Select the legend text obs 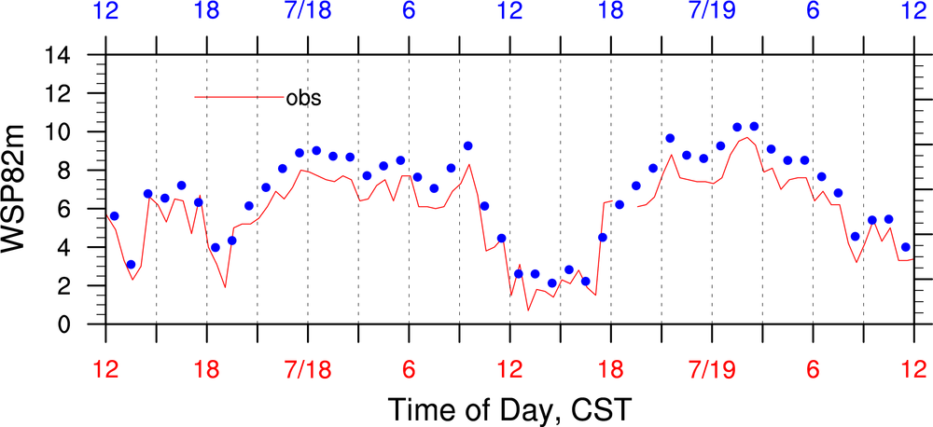(x=304, y=97)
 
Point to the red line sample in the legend (x=239, y=97)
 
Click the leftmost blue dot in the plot (x=114, y=216)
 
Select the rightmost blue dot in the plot (x=906, y=247)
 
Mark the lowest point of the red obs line (x=528, y=310)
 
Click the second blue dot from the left (x=131, y=265)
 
